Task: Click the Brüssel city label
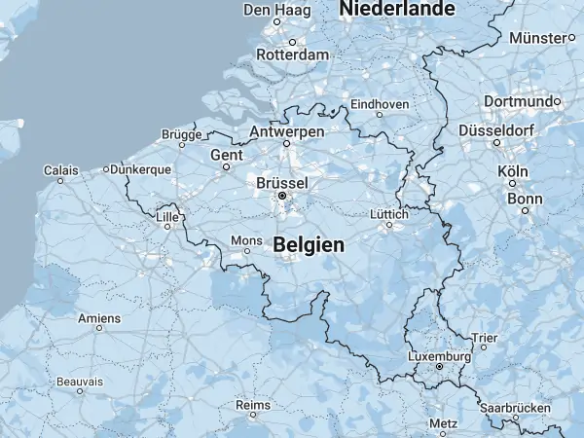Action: pos(282,182)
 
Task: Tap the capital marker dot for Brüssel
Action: pos(282,196)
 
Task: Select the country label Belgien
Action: pos(309,245)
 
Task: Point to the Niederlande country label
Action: pos(397,9)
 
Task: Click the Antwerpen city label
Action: pos(287,131)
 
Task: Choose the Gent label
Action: pos(226,155)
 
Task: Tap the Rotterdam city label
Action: pos(292,55)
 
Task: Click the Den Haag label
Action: pos(269,10)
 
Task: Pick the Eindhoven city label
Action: pos(380,103)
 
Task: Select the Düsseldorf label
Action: pos(497,129)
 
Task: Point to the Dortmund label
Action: pos(520,101)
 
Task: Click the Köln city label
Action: pos(512,171)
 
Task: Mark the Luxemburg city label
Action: pos(439,357)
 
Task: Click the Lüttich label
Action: pos(389,214)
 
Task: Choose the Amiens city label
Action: pos(99,317)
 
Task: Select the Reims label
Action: pos(252,404)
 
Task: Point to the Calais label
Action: pos(60,170)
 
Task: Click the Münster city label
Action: pos(537,38)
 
